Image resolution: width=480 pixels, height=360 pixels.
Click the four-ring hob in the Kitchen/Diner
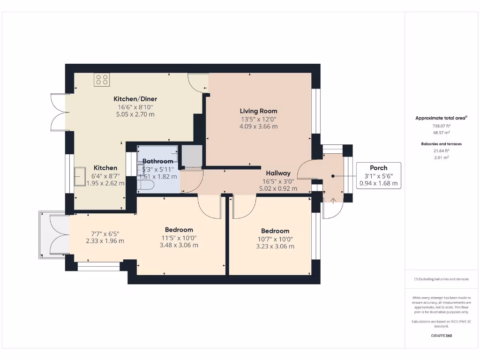(x=102, y=80)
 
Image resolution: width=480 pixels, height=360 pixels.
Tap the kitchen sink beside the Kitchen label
(x=80, y=176)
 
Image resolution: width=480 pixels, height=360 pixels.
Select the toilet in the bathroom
(x=146, y=185)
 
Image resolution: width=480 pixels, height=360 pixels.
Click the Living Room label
(x=258, y=111)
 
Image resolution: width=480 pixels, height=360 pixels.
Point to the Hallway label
(x=278, y=173)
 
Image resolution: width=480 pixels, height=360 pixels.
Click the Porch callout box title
(x=379, y=168)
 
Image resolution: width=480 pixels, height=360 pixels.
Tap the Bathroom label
(x=157, y=161)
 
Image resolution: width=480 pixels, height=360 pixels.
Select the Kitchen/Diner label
(x=135, y=99)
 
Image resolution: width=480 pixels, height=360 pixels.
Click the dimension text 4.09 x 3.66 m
(x=259, y=127)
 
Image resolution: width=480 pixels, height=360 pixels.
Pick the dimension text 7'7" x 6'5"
(x=105, y=234)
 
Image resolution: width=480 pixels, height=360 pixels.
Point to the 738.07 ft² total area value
(x=442, y=126)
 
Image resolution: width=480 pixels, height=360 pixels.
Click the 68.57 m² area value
(x=442, y=133)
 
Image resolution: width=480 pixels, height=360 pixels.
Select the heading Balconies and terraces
(x=442, y=144)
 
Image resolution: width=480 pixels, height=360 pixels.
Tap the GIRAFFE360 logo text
(x=442, y=336)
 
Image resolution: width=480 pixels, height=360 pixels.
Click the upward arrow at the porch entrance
(x=333, y=201)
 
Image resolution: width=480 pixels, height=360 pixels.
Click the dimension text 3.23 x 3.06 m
(x=275, y=247)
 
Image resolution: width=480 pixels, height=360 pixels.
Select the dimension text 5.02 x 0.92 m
(x=278, y=188)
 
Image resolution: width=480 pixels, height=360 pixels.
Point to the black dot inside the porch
(x=333, y=176)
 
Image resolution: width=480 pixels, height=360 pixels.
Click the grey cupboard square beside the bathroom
(x=192, y=156)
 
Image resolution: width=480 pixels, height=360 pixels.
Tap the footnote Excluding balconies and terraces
(x=442, y=279)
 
